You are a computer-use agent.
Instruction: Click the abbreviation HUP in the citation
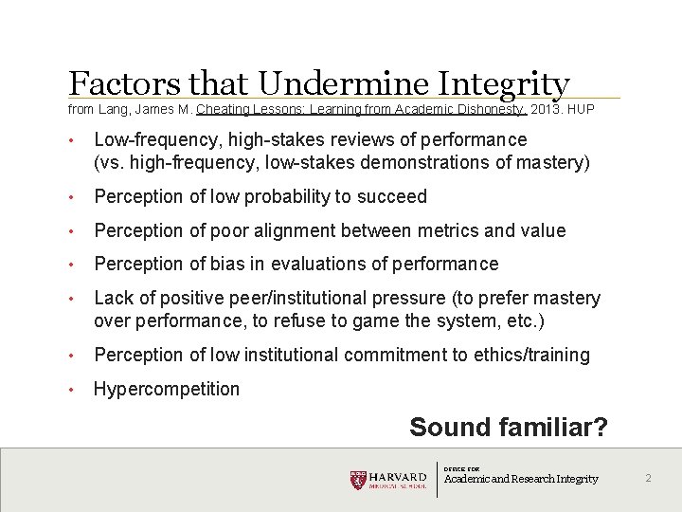click(x=581, y=110)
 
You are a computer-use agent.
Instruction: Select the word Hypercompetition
click(x=167, y=389)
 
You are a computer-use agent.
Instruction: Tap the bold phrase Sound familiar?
click(x=508, y=428)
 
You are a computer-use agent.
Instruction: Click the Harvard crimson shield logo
click(x=357, y=480)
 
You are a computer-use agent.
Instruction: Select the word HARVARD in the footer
click(x=398, y=476)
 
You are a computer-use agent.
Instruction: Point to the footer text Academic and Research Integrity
click(x=521, y=480)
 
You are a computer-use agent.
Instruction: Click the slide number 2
click(x=648, y=479)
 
